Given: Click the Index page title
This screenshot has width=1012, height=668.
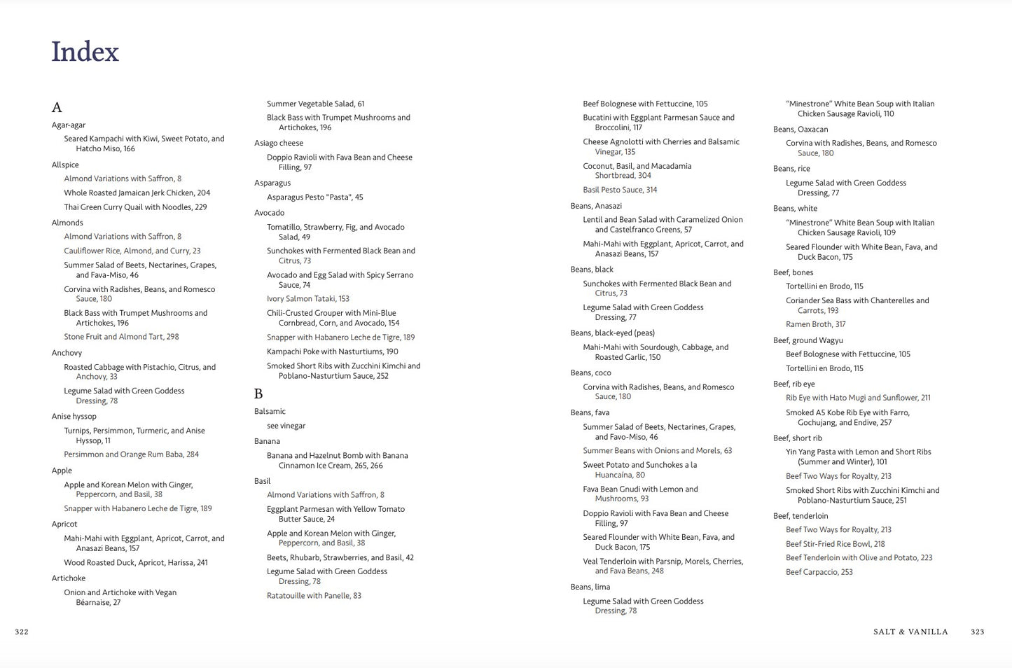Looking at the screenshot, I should tap(85, 52).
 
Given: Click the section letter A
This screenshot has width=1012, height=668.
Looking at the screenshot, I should tap(57, 107).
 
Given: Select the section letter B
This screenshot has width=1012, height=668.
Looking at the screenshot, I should tap(258, 394).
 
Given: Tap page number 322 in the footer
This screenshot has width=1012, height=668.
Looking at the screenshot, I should tap(22, 632).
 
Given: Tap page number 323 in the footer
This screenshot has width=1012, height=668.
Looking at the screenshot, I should tap(977, 632).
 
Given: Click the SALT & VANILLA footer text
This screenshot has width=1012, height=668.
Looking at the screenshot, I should tap(910, 632).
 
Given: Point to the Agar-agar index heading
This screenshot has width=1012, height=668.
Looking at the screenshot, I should tap(69, 125).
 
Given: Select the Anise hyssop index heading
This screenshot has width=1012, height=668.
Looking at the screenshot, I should tap(74, 417).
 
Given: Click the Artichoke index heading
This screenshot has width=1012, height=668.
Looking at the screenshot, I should tap(69, 578).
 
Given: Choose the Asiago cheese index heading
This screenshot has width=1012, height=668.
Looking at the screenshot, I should tap(279, 143).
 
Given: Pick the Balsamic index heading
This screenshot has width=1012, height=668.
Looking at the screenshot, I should tap(270, 412).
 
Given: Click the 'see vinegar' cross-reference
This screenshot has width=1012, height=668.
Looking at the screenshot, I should tap(286, 426).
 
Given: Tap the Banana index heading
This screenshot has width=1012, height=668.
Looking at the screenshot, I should tap(267, 441).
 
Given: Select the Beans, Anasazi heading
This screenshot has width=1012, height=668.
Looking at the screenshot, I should tap(596, 206).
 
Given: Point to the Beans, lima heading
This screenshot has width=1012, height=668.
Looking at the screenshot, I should tap(590, 587).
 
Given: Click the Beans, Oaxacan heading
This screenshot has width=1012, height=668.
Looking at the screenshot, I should tap(800, 130).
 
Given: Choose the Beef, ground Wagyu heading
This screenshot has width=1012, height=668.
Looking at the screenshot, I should tap(807, 340).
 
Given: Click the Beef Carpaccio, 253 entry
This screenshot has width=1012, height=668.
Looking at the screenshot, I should tap(819, 572).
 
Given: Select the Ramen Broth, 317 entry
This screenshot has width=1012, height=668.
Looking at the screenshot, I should tap(815, 324).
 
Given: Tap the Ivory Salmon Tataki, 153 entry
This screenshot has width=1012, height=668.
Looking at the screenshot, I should tap(308, 299).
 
